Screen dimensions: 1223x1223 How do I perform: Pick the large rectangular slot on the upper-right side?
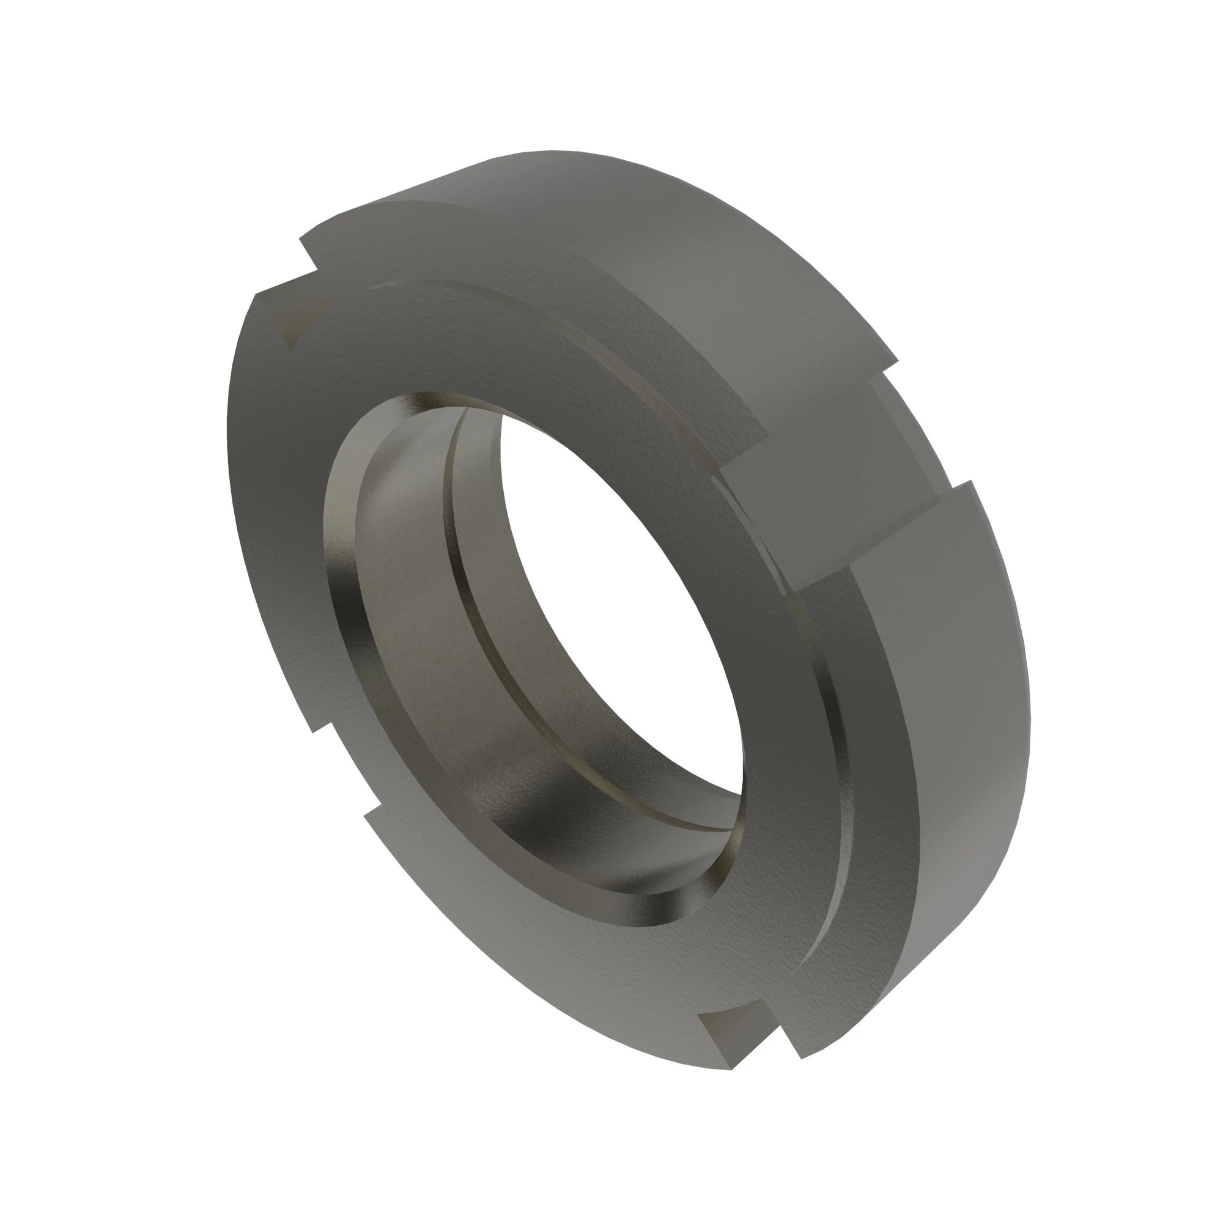(x=842, y=475)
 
